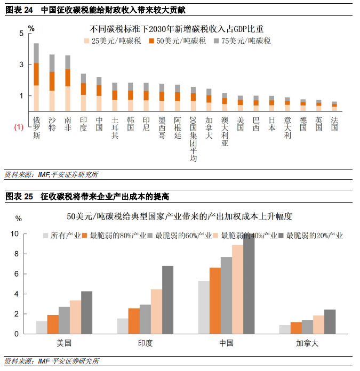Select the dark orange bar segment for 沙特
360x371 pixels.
click(x=52, y=81)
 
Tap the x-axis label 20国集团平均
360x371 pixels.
click(x=193, y=139)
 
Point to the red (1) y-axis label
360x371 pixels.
click(x=18, y=127)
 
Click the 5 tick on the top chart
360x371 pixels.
click(x=21, y=33)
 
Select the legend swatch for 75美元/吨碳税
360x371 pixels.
click(x=217, y=41)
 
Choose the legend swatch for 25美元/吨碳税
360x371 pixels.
click(x=87, y=41)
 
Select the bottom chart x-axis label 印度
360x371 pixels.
click(x=145, y=343)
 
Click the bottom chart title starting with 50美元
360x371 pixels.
click(x=179, y=216)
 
